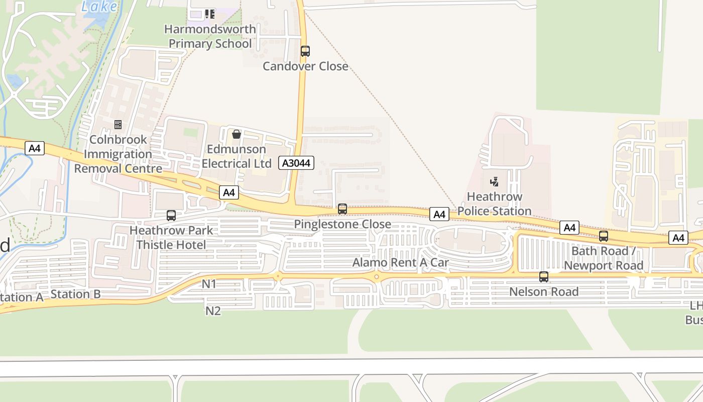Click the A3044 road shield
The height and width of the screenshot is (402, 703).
(x=296, y=163)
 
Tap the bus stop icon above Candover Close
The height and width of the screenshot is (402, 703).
(x=305, y=51)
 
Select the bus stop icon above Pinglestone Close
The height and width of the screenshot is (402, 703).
(x=342, y=209)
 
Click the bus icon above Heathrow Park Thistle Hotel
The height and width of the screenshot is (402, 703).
(x=171, y=216)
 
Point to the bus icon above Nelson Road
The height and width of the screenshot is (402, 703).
(x=544, y=276)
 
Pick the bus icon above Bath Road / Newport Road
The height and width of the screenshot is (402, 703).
(x=604, y=236)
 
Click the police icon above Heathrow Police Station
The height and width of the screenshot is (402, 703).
(x=495, y=181)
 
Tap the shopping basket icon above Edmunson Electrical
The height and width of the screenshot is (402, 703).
(x=237, y=134)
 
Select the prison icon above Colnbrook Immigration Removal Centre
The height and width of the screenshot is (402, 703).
(x=118, y=124)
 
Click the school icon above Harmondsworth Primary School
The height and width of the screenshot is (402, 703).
(x=210, y=14)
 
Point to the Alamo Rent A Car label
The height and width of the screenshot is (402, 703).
(x=400, y=262)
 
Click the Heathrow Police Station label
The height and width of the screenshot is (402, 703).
(x=495, y=204)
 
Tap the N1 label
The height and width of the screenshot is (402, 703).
(x=209, y=284)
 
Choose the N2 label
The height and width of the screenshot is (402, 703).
(x=213, y=311)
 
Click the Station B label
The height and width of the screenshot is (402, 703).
(x=76, y=294)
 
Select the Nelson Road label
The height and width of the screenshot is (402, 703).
(x=544, y=291)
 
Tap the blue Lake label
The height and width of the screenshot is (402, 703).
(x=99, y=7)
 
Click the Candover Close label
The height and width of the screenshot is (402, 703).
(x=305, y=66)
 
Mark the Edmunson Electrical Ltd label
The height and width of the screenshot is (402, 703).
(x=237, y=156)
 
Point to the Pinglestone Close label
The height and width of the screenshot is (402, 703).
(x=342, y=224)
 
